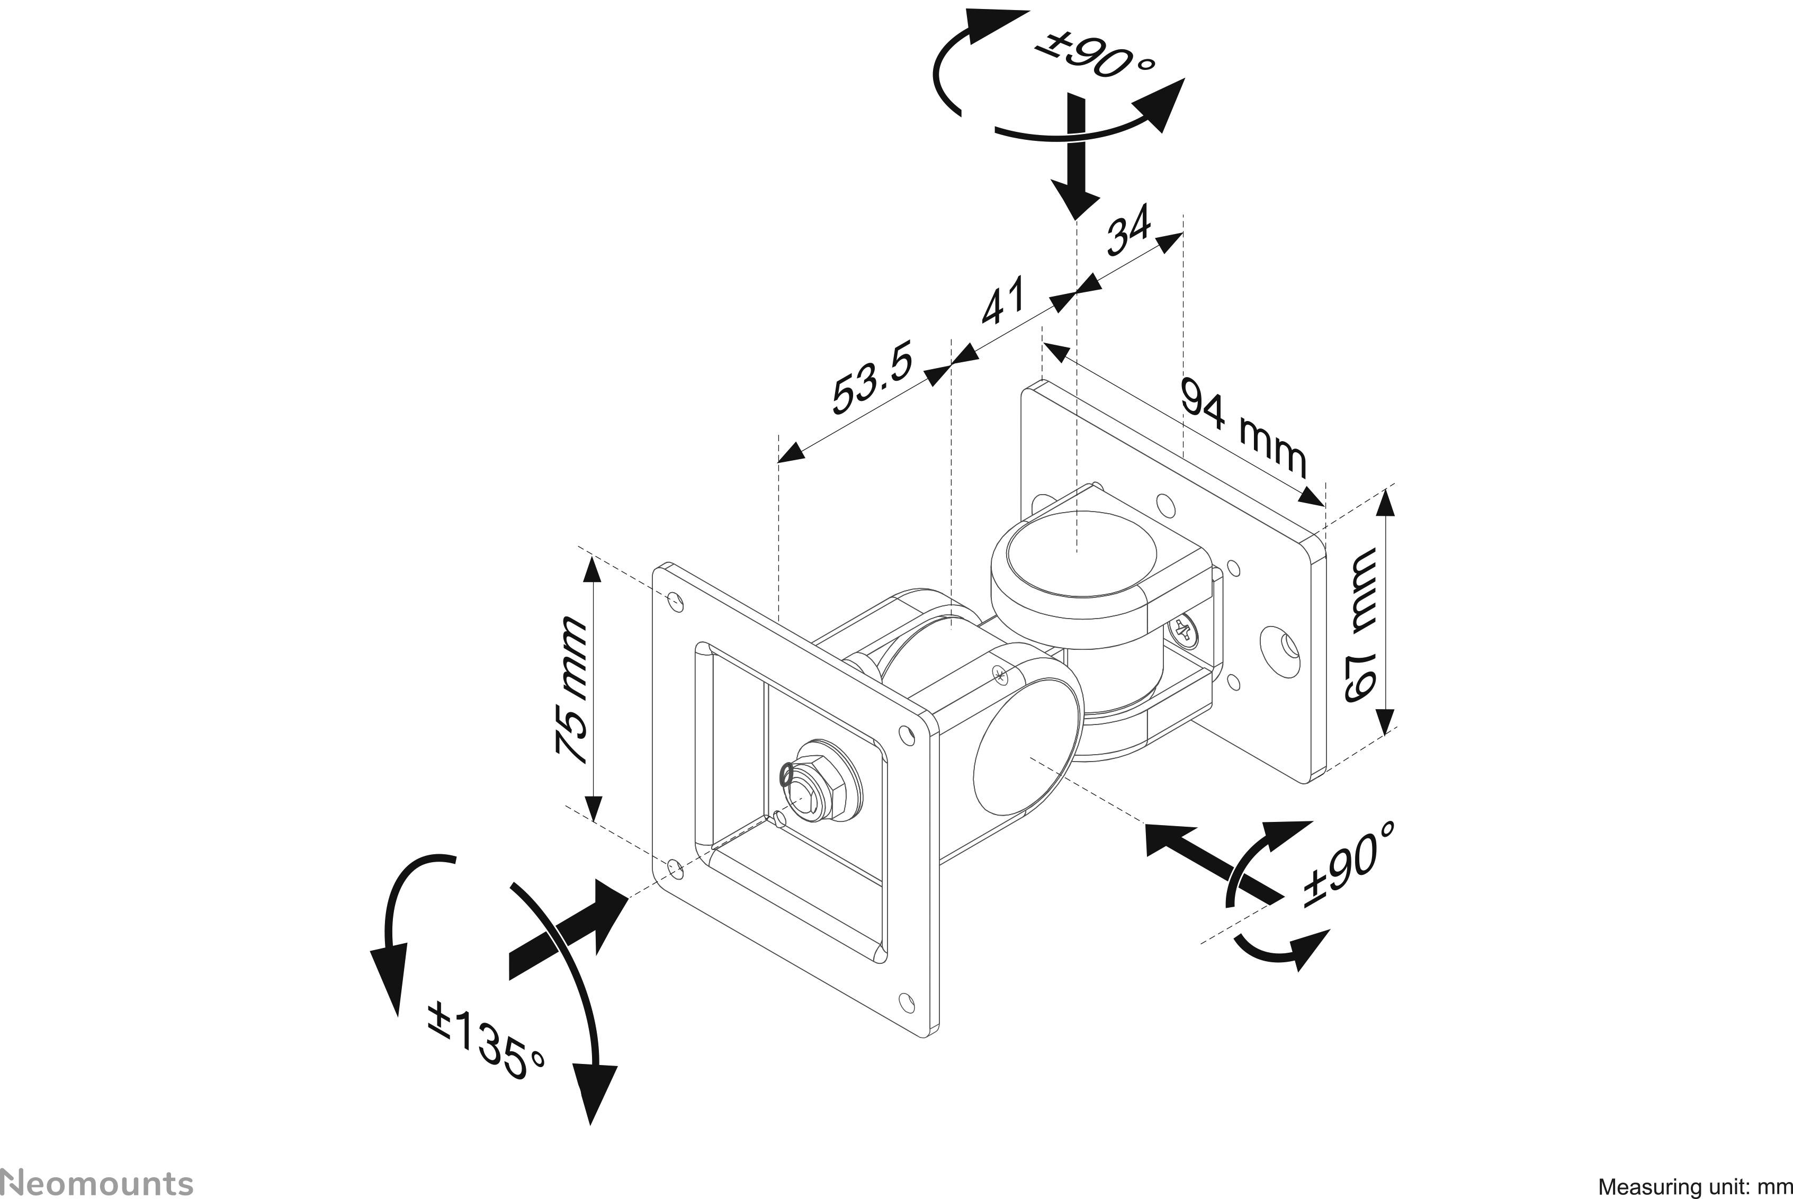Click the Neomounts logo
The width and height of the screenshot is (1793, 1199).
click(97, 1182)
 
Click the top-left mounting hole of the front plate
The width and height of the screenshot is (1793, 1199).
click(674, 599)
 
